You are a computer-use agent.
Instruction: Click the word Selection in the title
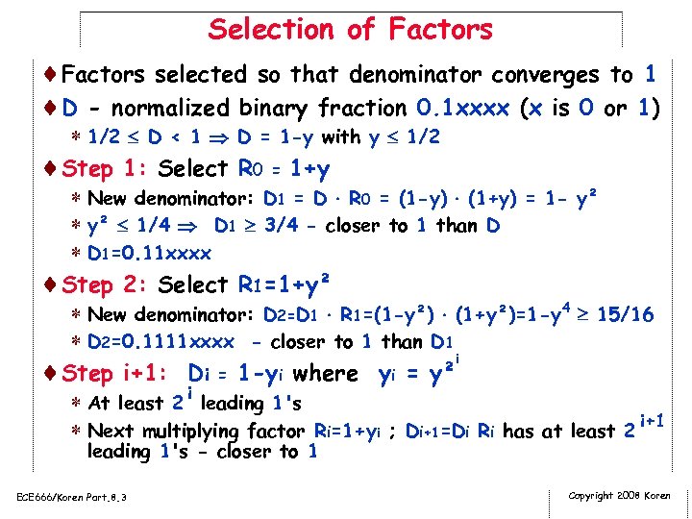coord(278,29)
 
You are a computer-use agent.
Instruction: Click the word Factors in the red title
coord(440,29)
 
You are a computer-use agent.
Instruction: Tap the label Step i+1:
coord(114,373)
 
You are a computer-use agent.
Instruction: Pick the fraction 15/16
coord(626,314)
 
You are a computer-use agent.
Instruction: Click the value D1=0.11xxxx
coord(149,254)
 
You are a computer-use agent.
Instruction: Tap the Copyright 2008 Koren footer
coord(620,495)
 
